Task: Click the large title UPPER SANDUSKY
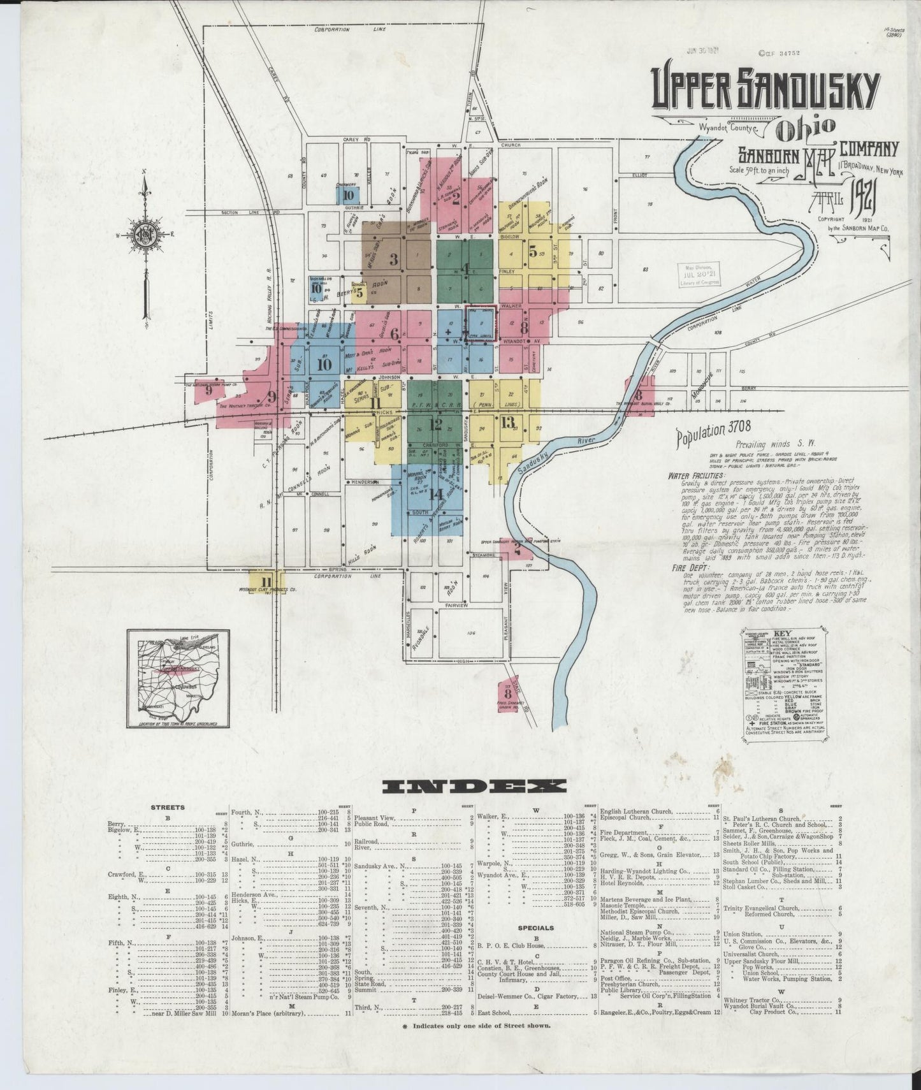(765, 91)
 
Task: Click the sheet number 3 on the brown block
(394, 259)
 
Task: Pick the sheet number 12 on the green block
(436, 423)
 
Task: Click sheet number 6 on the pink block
(395, 333)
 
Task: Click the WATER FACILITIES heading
(696, 476)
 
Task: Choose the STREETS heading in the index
(168, 807)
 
